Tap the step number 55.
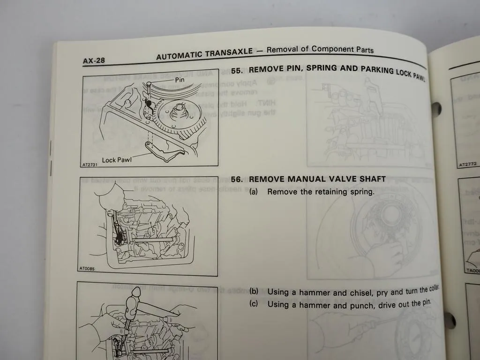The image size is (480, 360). (x=237, y=70)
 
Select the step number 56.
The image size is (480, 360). (x=237, y=179)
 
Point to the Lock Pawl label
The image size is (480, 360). (x=116, y=160)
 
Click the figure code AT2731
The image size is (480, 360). (x=89, y=165)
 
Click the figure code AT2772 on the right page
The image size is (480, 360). (x=468, y=164)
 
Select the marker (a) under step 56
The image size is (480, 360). (x=254, y=192)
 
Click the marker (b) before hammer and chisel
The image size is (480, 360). (x=254, y=292)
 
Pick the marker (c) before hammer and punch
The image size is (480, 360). (x=254, y=304)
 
